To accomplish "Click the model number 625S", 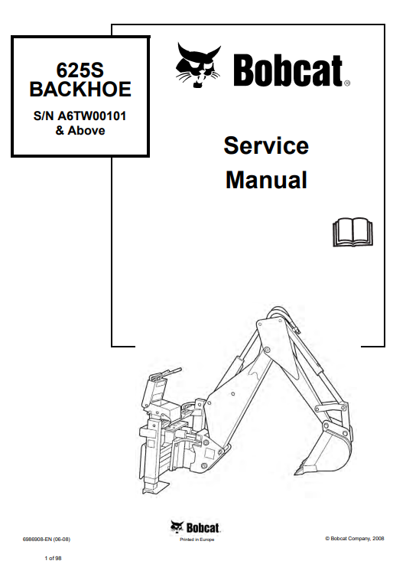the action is click(x=80, y=70).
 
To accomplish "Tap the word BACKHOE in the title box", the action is click(x=80, y=90).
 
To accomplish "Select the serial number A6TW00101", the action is click(x=92, y=116).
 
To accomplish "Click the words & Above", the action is click(x=80, y=130).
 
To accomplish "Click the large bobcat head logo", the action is click(x=198, y=66).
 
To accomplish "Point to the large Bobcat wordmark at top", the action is click(x=288, y=70).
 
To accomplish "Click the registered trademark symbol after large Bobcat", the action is click(x=347, y=83).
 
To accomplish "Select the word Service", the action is click(x=266, y=145).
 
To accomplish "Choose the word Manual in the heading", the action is click(x=266, y=180).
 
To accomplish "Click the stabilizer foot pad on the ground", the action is click(x=155, y=487).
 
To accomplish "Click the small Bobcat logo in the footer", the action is click(x=196, y=527).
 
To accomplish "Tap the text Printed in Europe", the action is click(x=196, y=540).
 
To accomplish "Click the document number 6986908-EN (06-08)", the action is click(x=47, y=540).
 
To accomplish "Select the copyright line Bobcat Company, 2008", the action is click(x=355, y=539).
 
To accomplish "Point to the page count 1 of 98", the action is click(x=53, y=558).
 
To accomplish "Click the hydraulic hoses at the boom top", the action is click(x=284, y=317).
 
